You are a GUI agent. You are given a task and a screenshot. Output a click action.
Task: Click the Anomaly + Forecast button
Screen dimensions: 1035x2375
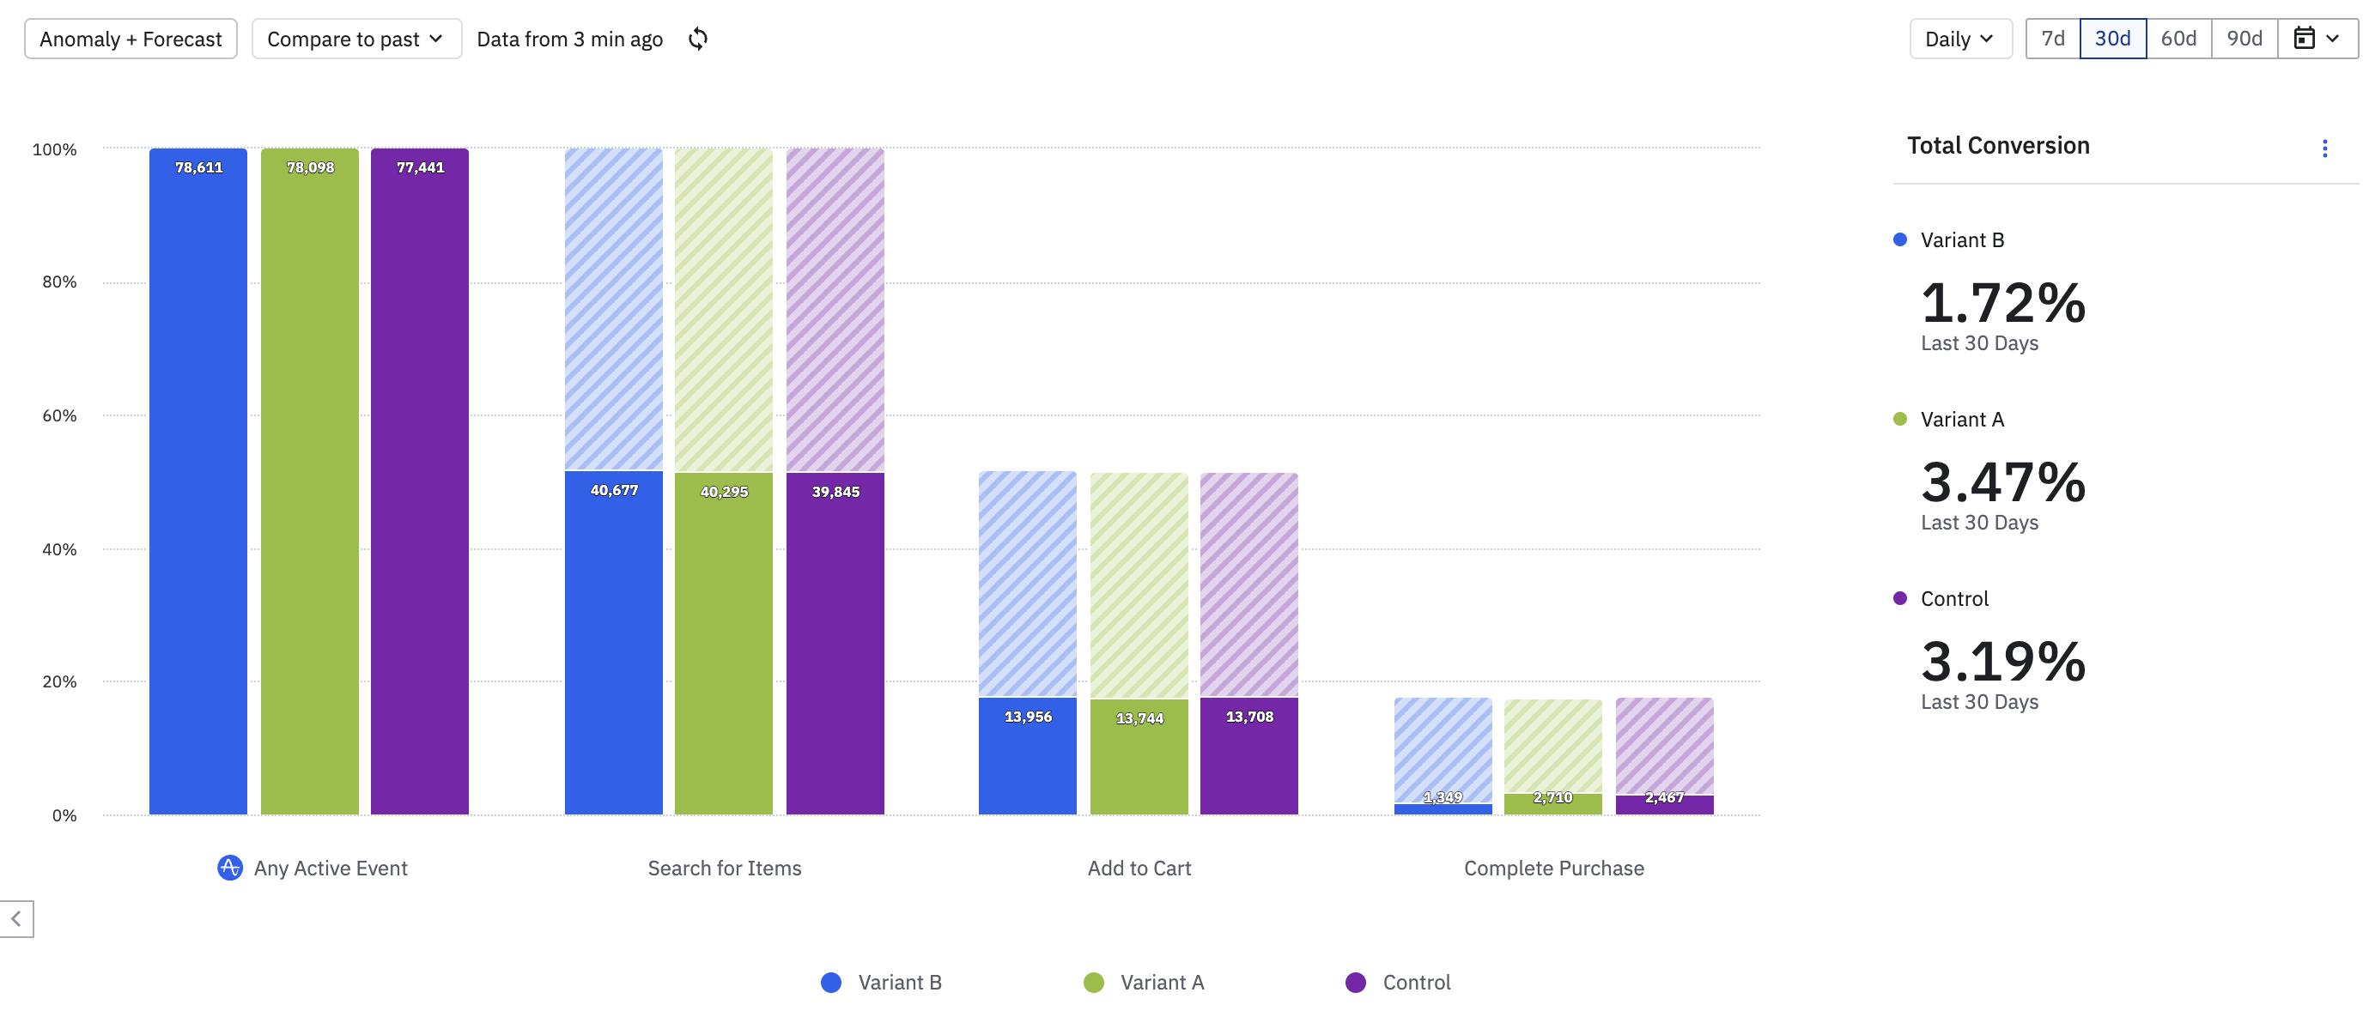[x=130, y=39]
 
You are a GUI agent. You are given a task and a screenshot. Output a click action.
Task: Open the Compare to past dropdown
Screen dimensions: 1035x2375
[x=355, y=39]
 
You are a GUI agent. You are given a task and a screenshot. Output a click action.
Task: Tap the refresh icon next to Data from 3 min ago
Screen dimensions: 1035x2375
[x=698, y=39]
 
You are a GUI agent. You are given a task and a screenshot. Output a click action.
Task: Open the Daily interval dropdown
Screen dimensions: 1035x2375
[x=1959, y=39]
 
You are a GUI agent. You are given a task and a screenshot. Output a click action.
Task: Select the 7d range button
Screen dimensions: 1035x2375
[x=2052, y=39]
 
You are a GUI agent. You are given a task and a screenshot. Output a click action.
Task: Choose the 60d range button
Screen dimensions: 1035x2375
[x=2178, y=39]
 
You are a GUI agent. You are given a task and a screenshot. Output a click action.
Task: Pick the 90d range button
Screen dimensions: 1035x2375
[x=2244, y=39]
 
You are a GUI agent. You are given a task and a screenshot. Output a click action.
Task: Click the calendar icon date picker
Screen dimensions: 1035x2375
[x=2316, y=39]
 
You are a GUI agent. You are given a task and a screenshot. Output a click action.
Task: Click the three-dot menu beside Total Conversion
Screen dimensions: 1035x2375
[x=2324, y=148]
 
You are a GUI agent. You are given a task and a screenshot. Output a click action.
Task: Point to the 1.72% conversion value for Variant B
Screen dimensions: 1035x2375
[x=2002, y=302]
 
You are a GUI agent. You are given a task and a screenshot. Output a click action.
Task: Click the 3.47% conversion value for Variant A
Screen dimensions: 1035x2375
[x=2002, y=482]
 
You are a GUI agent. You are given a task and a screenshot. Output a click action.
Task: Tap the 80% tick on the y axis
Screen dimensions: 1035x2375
[x=59, y=282]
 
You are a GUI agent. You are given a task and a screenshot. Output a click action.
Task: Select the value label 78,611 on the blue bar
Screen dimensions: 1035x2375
[x=199, y=167]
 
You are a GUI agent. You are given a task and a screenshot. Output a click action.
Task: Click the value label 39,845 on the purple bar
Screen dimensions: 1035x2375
[x=835, y=492]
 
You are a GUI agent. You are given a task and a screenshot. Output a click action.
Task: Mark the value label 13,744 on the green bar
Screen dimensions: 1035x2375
[x=1139, y=719]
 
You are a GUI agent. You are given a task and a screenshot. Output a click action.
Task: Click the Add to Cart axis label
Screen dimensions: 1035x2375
[x=1139, y=869]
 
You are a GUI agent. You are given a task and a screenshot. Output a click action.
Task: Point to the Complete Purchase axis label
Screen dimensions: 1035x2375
[x=1553, y=869]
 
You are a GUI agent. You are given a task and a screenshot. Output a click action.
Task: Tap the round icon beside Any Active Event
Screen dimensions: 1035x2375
[x=229, y=868]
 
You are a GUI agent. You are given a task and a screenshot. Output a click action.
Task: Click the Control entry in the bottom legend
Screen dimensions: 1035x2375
[x=1398, y=983]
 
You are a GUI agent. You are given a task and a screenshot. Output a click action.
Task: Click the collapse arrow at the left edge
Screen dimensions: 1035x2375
[x=16, y=919]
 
